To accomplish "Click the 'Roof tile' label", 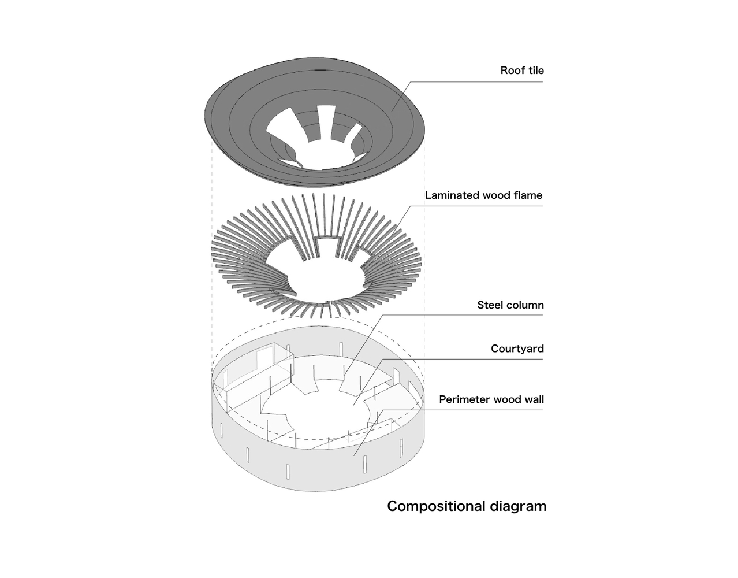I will (522, 71).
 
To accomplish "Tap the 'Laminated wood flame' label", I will (483, 195).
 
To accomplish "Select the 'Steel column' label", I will (510, 305).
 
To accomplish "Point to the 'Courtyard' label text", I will (517, 349).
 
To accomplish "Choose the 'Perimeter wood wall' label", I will (491, 399).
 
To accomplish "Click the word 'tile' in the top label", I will (536, 71).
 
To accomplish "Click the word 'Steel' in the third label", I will (490, 305).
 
